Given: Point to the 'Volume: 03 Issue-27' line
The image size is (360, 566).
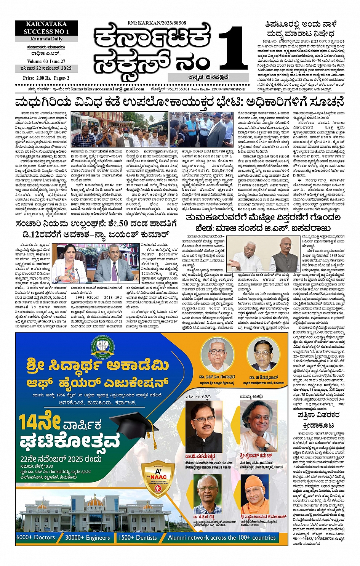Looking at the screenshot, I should (46, 61).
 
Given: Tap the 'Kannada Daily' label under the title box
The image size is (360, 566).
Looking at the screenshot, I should (46, 39).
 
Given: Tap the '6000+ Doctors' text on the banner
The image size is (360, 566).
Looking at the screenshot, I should (36, 537).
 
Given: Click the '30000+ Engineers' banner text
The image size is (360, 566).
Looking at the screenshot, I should (87, 537).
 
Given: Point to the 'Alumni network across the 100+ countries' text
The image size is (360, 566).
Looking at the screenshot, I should (222, 537).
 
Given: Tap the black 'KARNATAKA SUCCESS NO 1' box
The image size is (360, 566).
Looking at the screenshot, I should (46, 28).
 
